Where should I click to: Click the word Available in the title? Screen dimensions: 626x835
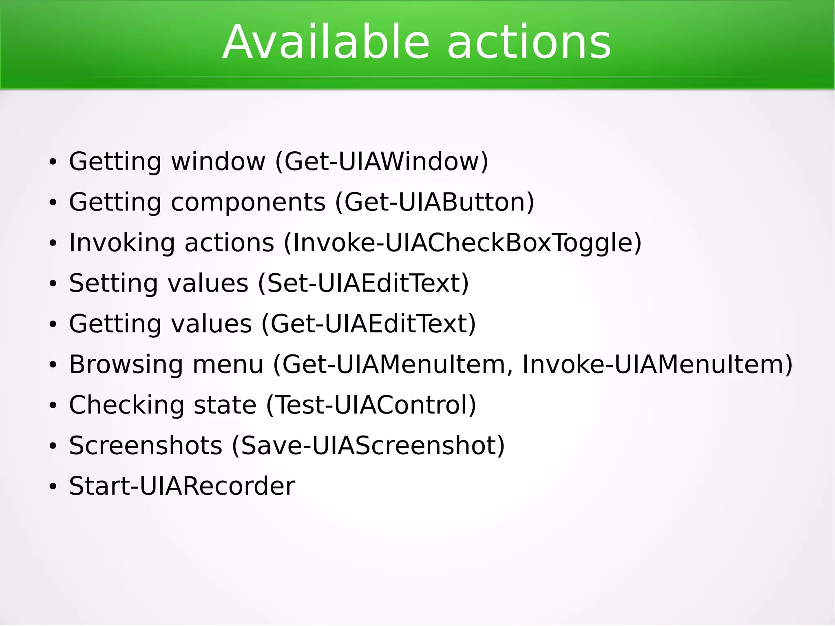(x=326, y=42)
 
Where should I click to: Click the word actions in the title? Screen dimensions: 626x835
(x=529, y=42)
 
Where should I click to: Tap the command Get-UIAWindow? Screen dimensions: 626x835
(x=382, y=161)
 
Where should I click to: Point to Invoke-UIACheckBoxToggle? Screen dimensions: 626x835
(x=463, y=243)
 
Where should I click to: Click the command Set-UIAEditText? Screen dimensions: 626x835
(x=363, y=283)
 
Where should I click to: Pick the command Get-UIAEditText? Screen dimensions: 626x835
(x=369, y=324)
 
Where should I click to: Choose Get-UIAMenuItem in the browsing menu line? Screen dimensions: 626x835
(x=393, y=364)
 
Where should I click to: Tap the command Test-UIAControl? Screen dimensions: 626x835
(x=371, y=405)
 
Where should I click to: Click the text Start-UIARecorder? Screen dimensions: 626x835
(x=182, y=486)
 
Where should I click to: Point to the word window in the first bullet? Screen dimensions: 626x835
(x=218, y=161)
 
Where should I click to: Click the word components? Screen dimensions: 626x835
(x=248, y=202)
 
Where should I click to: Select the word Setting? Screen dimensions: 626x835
(x=113, y=283)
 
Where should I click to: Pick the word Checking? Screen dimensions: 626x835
(x=126, y=405)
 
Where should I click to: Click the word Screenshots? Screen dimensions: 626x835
(x=146, y=445)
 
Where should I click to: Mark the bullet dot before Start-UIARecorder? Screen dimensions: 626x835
(x=53, y=487)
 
